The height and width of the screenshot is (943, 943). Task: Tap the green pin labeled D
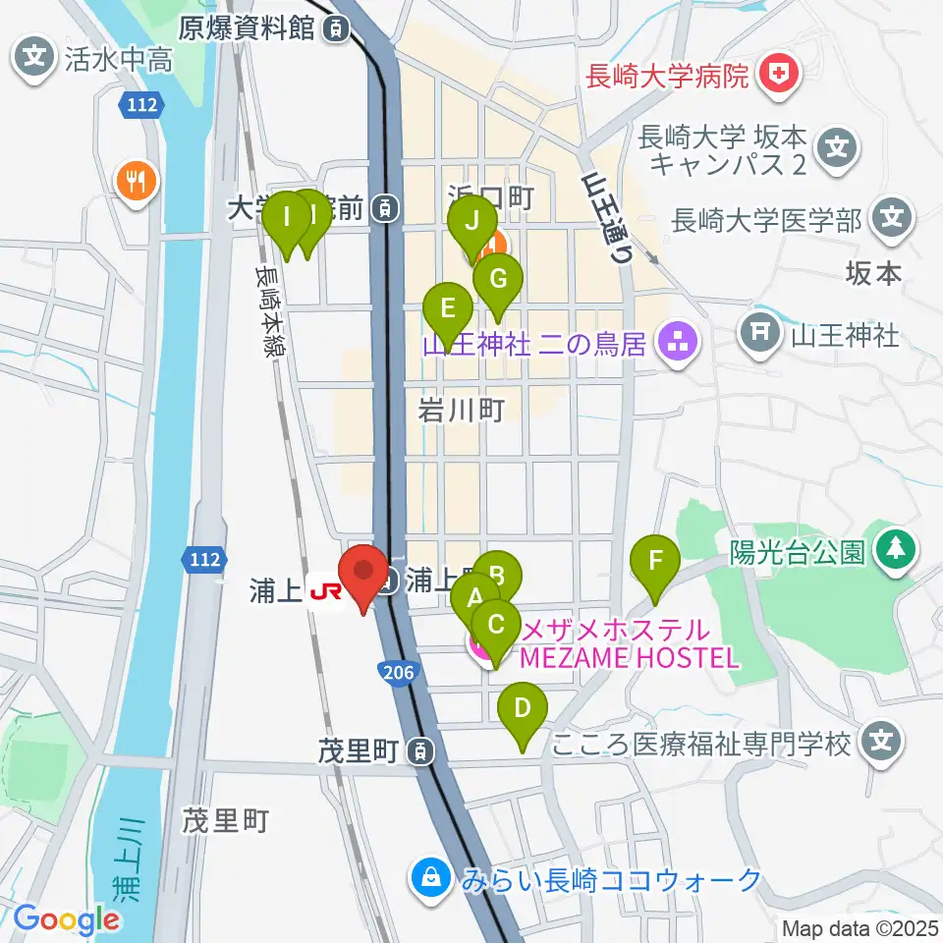click(x=523, y=709)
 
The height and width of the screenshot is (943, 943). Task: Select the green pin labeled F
click(x=657, y=562)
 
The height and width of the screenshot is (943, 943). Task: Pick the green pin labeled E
click(x=447, y=310)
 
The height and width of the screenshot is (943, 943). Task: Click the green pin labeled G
click(x=497, y=281)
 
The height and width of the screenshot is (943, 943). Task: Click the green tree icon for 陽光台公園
click(x=894, y=553)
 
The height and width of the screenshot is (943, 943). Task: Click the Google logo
click(x=66, y=918)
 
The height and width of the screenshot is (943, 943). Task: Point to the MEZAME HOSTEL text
click(x=629, y=657)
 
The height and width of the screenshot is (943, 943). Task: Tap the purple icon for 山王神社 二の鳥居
click(x=678, y=344)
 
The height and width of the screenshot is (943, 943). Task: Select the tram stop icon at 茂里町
click(x=420, y=752)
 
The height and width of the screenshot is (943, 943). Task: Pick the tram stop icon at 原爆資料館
click(x=337, y=30)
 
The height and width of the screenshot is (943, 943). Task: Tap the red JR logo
click(x=325, y=592)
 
